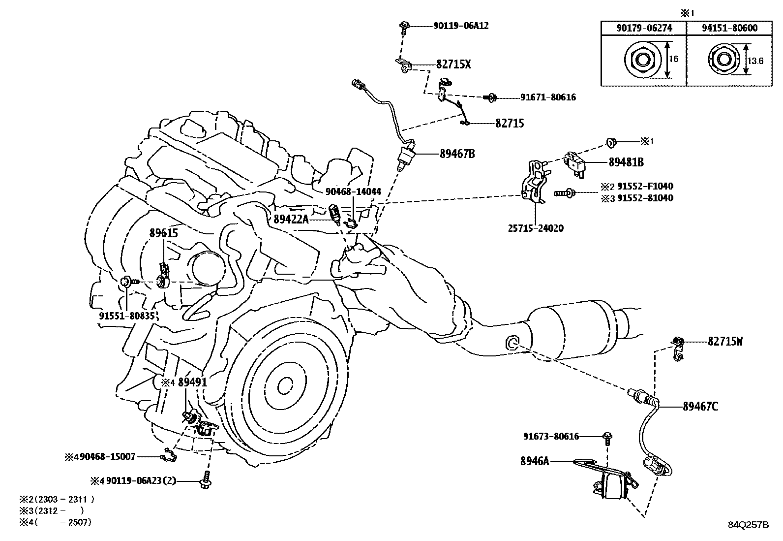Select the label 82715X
[x=453, y=64]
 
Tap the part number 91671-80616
[x=548, y=97]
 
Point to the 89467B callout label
[x=457, y=154]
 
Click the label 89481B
[x=626, y=162]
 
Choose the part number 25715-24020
[x=535, y=228]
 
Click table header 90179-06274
[x=644, y=28]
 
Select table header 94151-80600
[x=729, y=28]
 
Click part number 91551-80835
[x=127, y=316]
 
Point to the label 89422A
[x=291, y=220]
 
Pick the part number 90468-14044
[x=353, y=192]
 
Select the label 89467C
[x=700, y=407]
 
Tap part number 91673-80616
[x=551, y=436]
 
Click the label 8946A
[x=534, y=461]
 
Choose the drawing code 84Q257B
[x=748, y=524]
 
